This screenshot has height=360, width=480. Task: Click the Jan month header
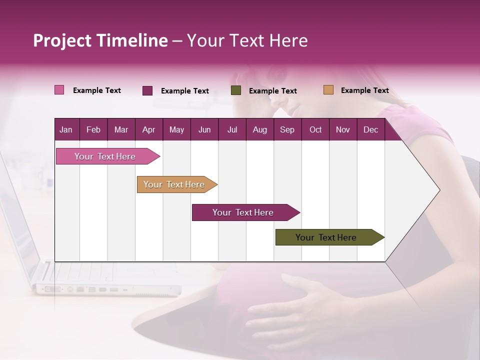click(x=66, y=129)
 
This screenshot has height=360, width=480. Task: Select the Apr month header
click(x=148, y=129)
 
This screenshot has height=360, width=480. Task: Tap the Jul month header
click(x=232, y=129)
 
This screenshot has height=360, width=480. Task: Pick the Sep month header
click(x=287, y=129)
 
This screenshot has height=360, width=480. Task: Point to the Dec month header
click(x=370, y=129)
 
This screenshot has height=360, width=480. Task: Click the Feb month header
click(x=93, y=129)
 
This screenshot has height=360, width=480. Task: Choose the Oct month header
click(x=315, y=129)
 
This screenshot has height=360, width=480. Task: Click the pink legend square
click(x=59, y=90)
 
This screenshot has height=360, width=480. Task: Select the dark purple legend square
click(x=147, y=90)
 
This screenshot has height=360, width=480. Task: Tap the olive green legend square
click(x=236, y=90)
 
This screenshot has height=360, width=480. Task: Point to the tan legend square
click(x=328, y=90)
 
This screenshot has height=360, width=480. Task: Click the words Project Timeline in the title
click(x=100, y=40)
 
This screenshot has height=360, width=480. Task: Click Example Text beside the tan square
click(x=364, y=90)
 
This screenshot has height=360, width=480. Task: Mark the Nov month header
click(x=343, y=129)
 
